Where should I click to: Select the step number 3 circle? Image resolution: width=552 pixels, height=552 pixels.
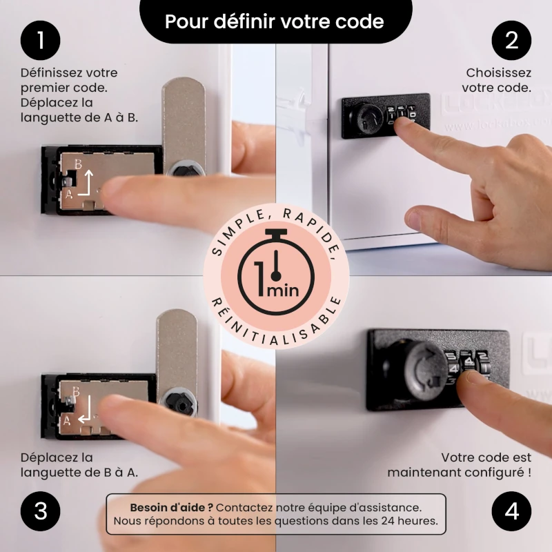tap(40, 511)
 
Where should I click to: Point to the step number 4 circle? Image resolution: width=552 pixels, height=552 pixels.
tap(511, 511)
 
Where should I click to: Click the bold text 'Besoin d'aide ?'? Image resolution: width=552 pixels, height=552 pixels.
tap(171, 507)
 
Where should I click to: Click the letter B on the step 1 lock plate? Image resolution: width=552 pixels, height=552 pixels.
tap(79, 164)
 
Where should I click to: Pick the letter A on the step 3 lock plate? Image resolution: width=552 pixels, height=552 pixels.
tap(68, 420)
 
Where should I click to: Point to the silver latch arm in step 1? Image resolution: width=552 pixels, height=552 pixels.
tap(183, 124)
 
